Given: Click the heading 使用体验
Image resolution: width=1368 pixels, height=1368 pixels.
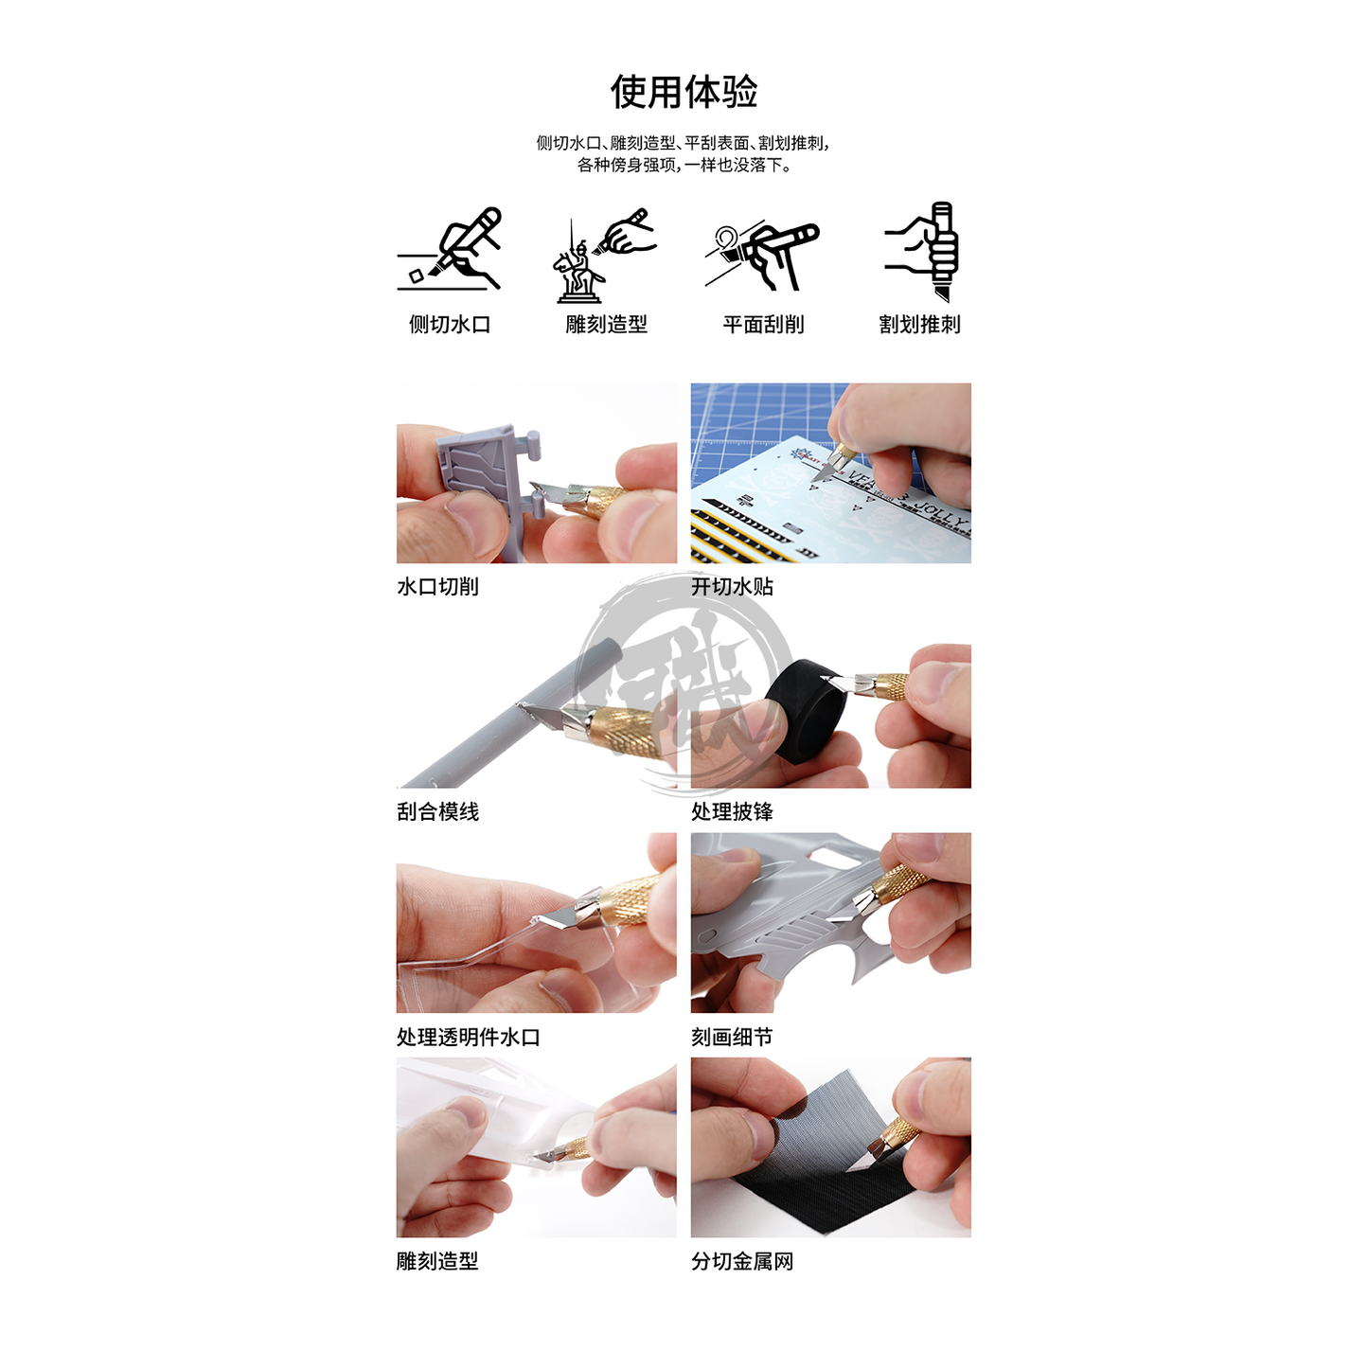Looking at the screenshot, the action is pyautogui.click(x=684, y=92).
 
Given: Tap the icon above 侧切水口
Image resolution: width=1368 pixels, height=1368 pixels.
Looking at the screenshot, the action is pyautogui.click(x=449, y=248).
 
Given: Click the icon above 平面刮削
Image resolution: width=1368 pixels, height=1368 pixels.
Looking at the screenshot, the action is pyautogui.click(x=762, y=254).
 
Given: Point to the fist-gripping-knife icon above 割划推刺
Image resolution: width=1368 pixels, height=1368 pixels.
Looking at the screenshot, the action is pyautogui.click(x=921, y=251).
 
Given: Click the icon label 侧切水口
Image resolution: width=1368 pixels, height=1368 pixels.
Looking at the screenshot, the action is pyautogui.click(x=450, y=325).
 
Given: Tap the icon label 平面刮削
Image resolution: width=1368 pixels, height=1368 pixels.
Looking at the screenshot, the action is pyautogui.click(x=763, y=325).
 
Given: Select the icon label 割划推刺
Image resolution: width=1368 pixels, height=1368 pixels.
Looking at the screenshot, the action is pyautogui.click(x=919, y=325).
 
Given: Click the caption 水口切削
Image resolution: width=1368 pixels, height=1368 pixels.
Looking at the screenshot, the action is pyautogui.click(x=437, y=586).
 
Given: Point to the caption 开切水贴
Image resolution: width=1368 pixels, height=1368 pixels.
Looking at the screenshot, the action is pyautogui.click(x=732, y=586).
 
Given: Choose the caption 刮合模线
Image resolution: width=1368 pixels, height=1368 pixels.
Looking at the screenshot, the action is pyautogui.click(x=437, y=811).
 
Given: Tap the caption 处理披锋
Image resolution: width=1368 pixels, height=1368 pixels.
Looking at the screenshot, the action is pyautogui.click(x=732, y=811).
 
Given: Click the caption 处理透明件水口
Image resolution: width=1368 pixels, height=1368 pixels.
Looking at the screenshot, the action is pyautogui.click(x=469, y=1038).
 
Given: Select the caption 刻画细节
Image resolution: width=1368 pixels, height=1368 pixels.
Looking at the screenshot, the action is pyautogui.click(x=732, y=1038).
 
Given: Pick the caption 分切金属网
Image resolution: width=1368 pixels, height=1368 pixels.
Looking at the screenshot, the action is pyautogui.click(x=742, y=1262).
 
